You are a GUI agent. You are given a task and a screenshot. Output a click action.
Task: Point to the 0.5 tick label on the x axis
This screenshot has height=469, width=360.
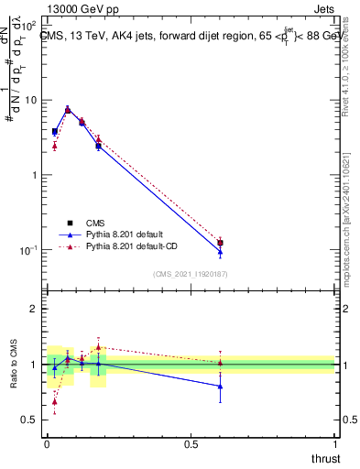pos(191,444)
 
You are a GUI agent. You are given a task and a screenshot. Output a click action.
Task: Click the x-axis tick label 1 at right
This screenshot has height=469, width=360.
pos(335,444)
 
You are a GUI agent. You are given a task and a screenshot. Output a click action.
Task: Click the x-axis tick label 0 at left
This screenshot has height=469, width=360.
pos(47,444)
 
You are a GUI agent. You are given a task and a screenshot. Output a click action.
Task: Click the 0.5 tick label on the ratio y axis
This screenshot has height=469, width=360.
pos(30,420)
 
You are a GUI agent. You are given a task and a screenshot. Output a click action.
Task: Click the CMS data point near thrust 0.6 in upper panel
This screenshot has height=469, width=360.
pos(220,243)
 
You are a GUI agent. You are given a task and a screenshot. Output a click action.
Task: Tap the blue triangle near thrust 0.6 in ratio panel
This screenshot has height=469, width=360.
pos(220,387)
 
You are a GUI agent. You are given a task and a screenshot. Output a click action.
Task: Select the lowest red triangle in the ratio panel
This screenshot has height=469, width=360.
pos(54,401)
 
